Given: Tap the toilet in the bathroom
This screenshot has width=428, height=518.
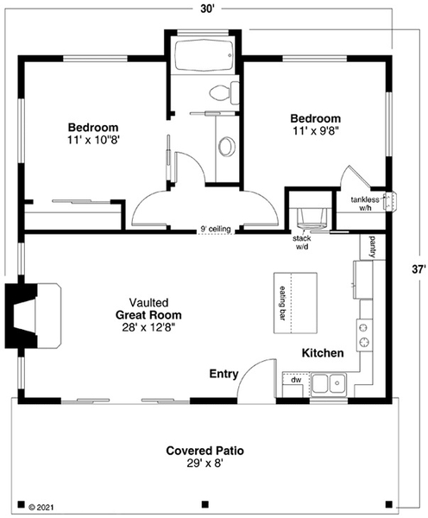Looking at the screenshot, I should coord(223,92).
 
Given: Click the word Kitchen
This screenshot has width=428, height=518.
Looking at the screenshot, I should coord(323,353).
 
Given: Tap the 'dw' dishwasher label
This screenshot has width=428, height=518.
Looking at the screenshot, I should coord(295,380).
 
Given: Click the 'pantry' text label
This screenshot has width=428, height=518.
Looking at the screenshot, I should coord(373,247).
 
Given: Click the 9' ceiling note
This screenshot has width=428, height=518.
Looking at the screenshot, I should coord(215,229).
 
